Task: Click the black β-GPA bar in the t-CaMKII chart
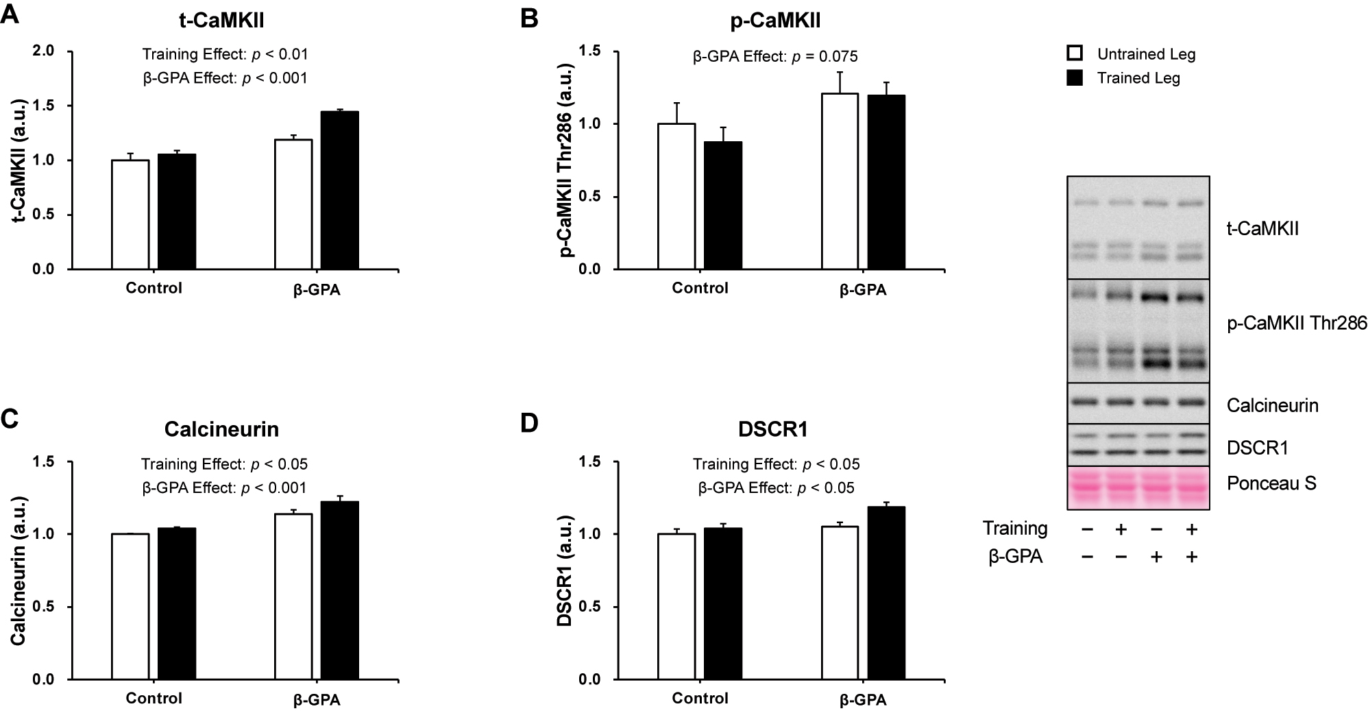coord(339,190)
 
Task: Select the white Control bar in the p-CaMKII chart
coord(676,197)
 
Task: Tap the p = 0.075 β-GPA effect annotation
coord(775,56)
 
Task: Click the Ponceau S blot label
coord(1271,483)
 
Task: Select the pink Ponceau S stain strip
coord(1138,487)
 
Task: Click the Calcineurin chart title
coord(221,429)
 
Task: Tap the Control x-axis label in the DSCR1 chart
coord(700,698)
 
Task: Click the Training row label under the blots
coord(1015,529)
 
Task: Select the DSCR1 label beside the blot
coord(1258,448)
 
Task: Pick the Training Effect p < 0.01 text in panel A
coord(225,54)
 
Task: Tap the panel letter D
coord(529,423)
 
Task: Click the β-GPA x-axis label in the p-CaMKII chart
coord(863,290)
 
